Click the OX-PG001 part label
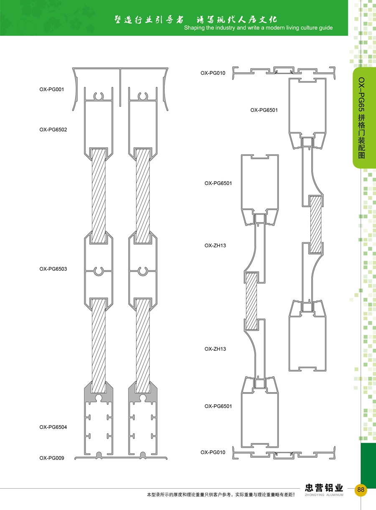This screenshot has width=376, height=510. [52, 89]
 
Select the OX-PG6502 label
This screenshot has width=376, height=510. [53, 129]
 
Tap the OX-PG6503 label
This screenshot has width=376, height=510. [53, 269]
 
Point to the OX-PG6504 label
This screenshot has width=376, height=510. [53, 427]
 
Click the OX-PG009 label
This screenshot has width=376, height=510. [52, 458]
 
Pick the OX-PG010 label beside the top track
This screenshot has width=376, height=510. [213, 73]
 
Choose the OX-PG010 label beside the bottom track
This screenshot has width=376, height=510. [213, 452]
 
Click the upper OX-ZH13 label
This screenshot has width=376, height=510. [215, 246]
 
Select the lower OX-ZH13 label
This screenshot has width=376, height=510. [215, 349]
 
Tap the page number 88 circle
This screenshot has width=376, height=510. [361, 490]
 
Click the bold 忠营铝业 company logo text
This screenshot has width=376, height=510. [324, 488]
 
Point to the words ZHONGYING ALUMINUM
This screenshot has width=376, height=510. [324, 495]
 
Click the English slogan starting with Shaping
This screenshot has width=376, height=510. [258, 28]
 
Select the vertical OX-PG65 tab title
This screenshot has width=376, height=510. [361, 118]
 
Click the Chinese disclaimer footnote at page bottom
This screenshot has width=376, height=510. [221, 495]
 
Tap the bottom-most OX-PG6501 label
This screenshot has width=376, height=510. [218, 406]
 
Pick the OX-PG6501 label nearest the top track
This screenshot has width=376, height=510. [264, 110]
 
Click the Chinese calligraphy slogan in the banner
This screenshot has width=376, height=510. [196, 20]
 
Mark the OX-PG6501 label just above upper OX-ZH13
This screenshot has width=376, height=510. [218, 183]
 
